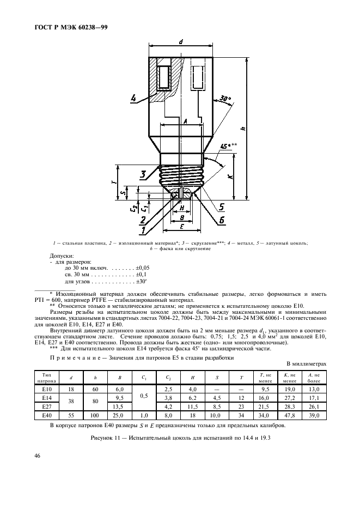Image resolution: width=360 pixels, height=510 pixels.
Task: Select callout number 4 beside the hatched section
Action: (134, 99)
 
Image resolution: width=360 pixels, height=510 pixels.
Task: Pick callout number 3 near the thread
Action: (142, 174)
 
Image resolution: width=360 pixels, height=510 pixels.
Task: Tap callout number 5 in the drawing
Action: (222, 207)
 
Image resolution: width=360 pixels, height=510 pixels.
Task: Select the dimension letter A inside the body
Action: (186, 122)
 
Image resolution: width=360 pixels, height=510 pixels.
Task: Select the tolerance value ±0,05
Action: (143, 269)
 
